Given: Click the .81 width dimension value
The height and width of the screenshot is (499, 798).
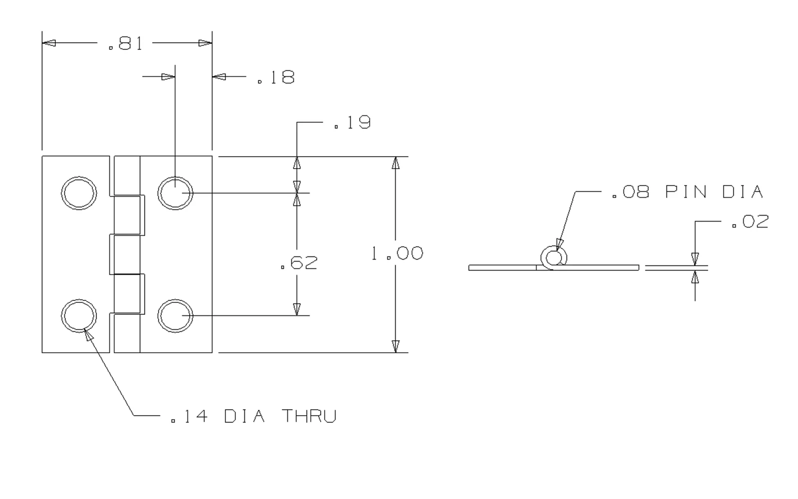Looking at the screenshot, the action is click(x=125, y=43).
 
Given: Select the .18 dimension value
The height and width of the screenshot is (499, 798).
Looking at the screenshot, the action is click(x=276, y=77).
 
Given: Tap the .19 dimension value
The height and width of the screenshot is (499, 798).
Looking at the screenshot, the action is click(x=352, y=122).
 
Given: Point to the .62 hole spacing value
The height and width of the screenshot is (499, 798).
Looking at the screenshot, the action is click(x=299, y=262).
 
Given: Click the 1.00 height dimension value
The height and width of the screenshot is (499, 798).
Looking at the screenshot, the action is click(x=397, y=253).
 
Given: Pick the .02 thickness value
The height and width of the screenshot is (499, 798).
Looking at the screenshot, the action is click(x=750, y=222).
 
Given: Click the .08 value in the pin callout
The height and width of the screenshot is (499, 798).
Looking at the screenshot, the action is click(x=630, y=192).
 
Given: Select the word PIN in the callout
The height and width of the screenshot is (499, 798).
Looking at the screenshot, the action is click(x=686, y=192).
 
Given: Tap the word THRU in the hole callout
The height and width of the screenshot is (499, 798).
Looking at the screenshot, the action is click(x=309, y=416).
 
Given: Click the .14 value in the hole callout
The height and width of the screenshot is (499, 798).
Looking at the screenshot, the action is click(x=189, y=416).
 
